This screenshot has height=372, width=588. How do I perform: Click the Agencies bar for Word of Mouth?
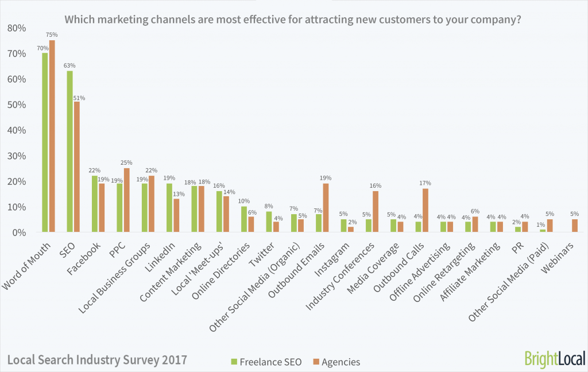(52, 136)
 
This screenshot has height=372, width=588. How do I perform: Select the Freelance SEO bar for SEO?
(69, 152)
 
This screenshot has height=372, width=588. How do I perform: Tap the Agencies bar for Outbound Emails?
(326, 208)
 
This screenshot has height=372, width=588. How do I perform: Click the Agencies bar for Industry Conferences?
(376, 211)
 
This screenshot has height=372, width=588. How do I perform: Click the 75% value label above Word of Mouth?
(52, 36)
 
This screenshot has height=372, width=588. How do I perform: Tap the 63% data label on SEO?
(69, 66)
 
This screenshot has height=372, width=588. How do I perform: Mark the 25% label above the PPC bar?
(127, 163)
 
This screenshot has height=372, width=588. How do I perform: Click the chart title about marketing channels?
(293, 19)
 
